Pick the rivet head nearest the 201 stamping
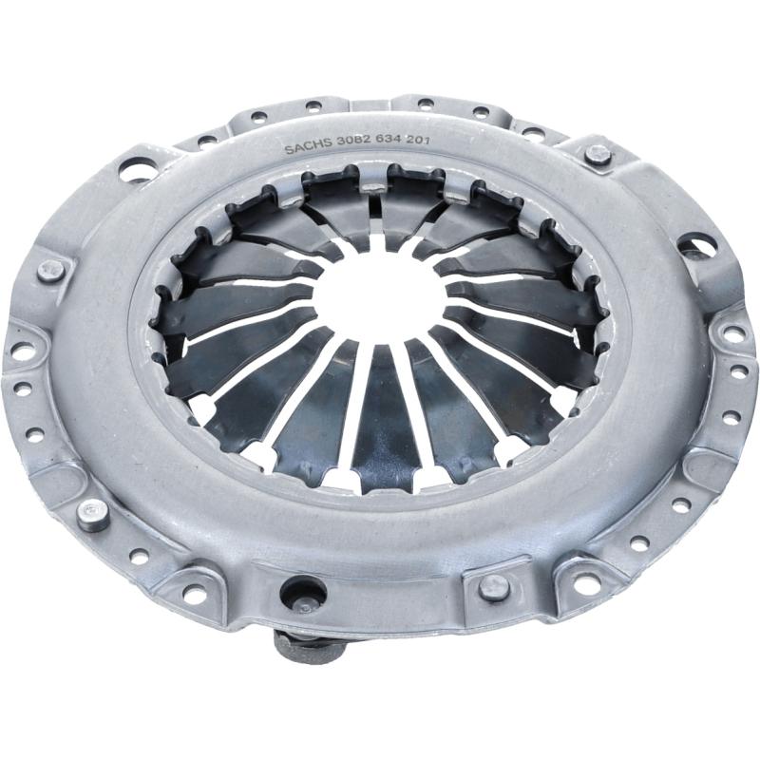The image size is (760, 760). [x=598, y=155]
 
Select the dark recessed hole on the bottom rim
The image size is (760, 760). [x=304, y=595]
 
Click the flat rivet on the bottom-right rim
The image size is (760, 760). [x=494, y=587]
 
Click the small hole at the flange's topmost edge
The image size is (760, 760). [x=425, y=104]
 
